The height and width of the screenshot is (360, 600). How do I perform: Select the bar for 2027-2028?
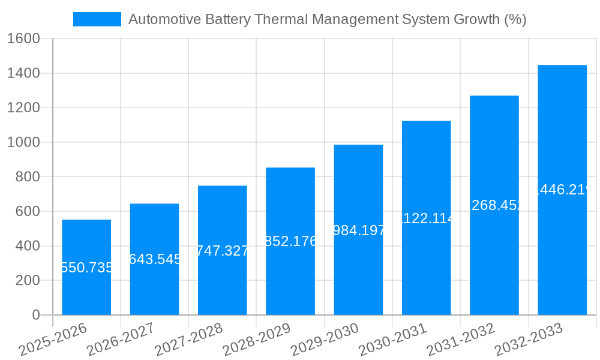point(222,282)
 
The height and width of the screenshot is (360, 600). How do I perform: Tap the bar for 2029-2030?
point(358,270)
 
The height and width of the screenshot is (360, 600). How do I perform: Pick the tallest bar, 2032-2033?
point(562,240)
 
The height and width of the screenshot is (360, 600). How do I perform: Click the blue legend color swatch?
point(97,19)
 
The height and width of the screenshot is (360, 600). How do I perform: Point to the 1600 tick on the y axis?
point(23,39)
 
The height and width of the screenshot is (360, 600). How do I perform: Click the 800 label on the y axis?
point(28,177)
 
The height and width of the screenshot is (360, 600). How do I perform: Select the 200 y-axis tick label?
point(28,281)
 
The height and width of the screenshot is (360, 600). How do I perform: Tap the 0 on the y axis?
point(35,315)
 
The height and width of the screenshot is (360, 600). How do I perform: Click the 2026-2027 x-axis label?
point(120,340)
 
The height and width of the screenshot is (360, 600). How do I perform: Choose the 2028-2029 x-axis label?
point(256,340)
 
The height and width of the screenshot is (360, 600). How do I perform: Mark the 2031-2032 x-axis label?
point(460,340)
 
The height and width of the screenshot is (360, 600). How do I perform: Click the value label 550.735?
point(86,268)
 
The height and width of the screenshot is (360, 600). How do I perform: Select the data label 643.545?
point(154,259)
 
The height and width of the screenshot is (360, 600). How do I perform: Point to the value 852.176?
point(290,241)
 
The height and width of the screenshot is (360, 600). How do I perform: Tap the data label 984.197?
point(358,230)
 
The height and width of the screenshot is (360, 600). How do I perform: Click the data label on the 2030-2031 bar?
point(426,218)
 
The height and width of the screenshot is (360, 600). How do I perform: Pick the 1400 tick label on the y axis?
point(23,73)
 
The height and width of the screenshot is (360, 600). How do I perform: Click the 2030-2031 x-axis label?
point(392,340)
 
